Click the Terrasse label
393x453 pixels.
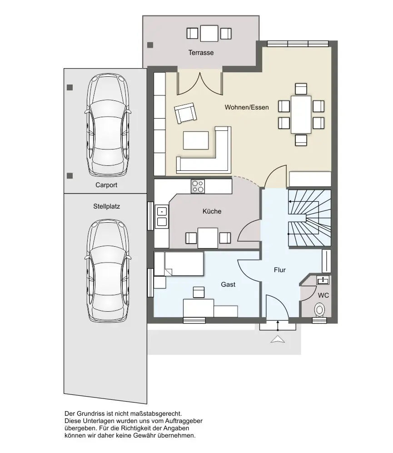point(201,53)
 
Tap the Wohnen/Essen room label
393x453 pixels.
point(247,107)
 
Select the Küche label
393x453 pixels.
point(212,211)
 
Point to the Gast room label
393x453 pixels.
point(228,284)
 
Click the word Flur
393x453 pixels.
point(280,270)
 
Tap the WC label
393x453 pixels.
point(323,295)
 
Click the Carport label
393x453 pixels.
point(106,185)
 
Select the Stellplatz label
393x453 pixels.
point(106,206)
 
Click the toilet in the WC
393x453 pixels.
point(319,310)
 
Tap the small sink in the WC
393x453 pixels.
point(323,280)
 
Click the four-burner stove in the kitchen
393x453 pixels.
point(198,186)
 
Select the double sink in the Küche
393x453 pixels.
point(162,217)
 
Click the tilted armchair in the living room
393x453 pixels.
point(185,113)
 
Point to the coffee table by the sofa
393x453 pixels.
point(196,140)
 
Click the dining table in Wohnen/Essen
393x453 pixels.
point(301,114)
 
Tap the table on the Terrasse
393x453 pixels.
point(209,34)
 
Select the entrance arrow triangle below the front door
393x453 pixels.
point(278,339)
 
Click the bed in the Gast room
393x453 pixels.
point(179,264)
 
